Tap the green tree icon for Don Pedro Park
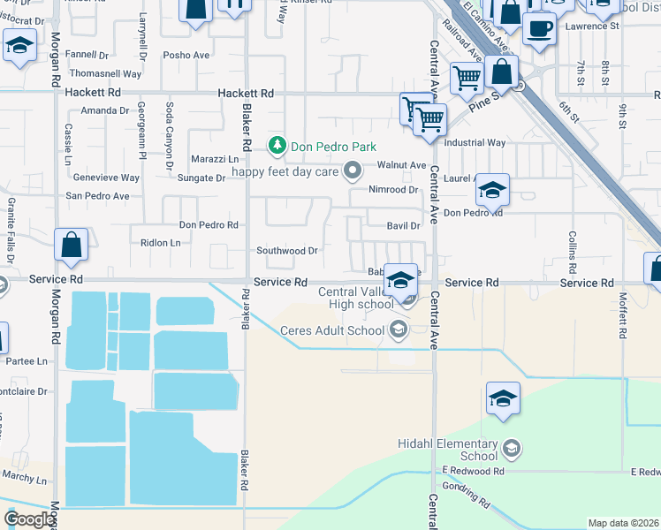coord(277,145)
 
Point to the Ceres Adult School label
coord(330,331)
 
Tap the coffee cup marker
coord(538,28)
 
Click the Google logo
coord(29,519)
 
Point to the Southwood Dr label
coord(287,251)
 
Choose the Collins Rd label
coord(573,252)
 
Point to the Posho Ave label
coord(186,55)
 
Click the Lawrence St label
coord(593,26)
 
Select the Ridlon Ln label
coord(160,242)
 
